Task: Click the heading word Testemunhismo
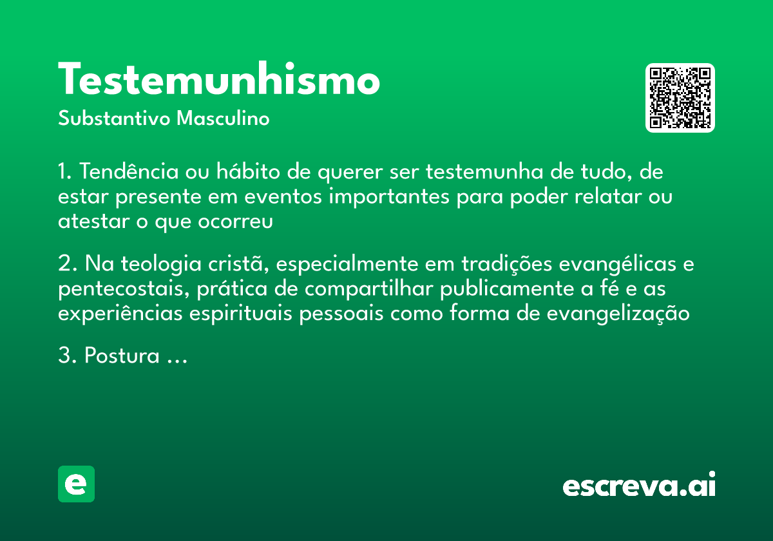tap(219, 81)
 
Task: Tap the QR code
tap(680, 98)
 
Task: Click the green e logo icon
tap(76, 484)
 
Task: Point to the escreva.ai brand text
tap(639, 486)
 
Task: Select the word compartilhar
tap(370, 289)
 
